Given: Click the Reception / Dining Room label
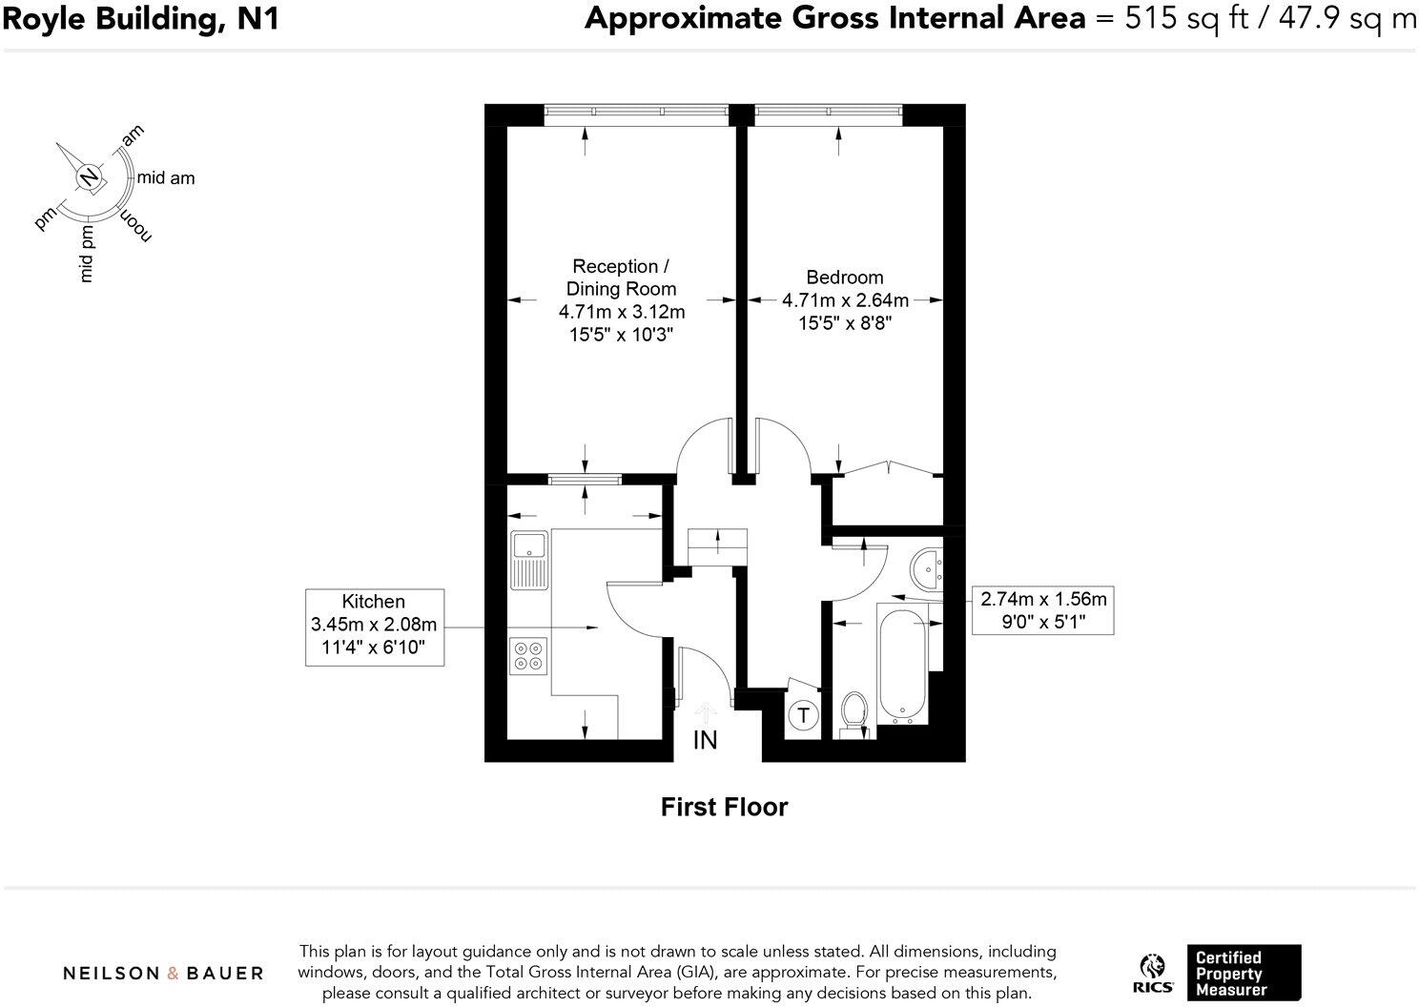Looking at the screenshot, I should [621, 277].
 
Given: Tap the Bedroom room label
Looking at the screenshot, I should [844, 277].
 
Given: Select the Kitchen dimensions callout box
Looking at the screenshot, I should [374, 627].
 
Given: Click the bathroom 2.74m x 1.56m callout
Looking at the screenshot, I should [1043, 610].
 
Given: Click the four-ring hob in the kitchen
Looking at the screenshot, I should [527, 655].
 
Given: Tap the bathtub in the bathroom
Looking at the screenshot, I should [901, 665].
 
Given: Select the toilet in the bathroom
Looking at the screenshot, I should [853, 713].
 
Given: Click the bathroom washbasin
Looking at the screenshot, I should [925, 569].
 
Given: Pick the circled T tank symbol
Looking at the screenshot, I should [804, 715].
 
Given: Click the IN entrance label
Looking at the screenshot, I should [705, 740].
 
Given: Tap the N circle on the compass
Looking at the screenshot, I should [88, 177].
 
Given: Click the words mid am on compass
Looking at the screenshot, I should [166, 177].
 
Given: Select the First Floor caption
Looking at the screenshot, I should [724, 807].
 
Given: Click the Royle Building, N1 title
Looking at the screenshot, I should [140, 18].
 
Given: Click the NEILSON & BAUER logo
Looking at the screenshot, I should [163, 973].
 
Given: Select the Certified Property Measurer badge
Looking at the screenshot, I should [1244, 973].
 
